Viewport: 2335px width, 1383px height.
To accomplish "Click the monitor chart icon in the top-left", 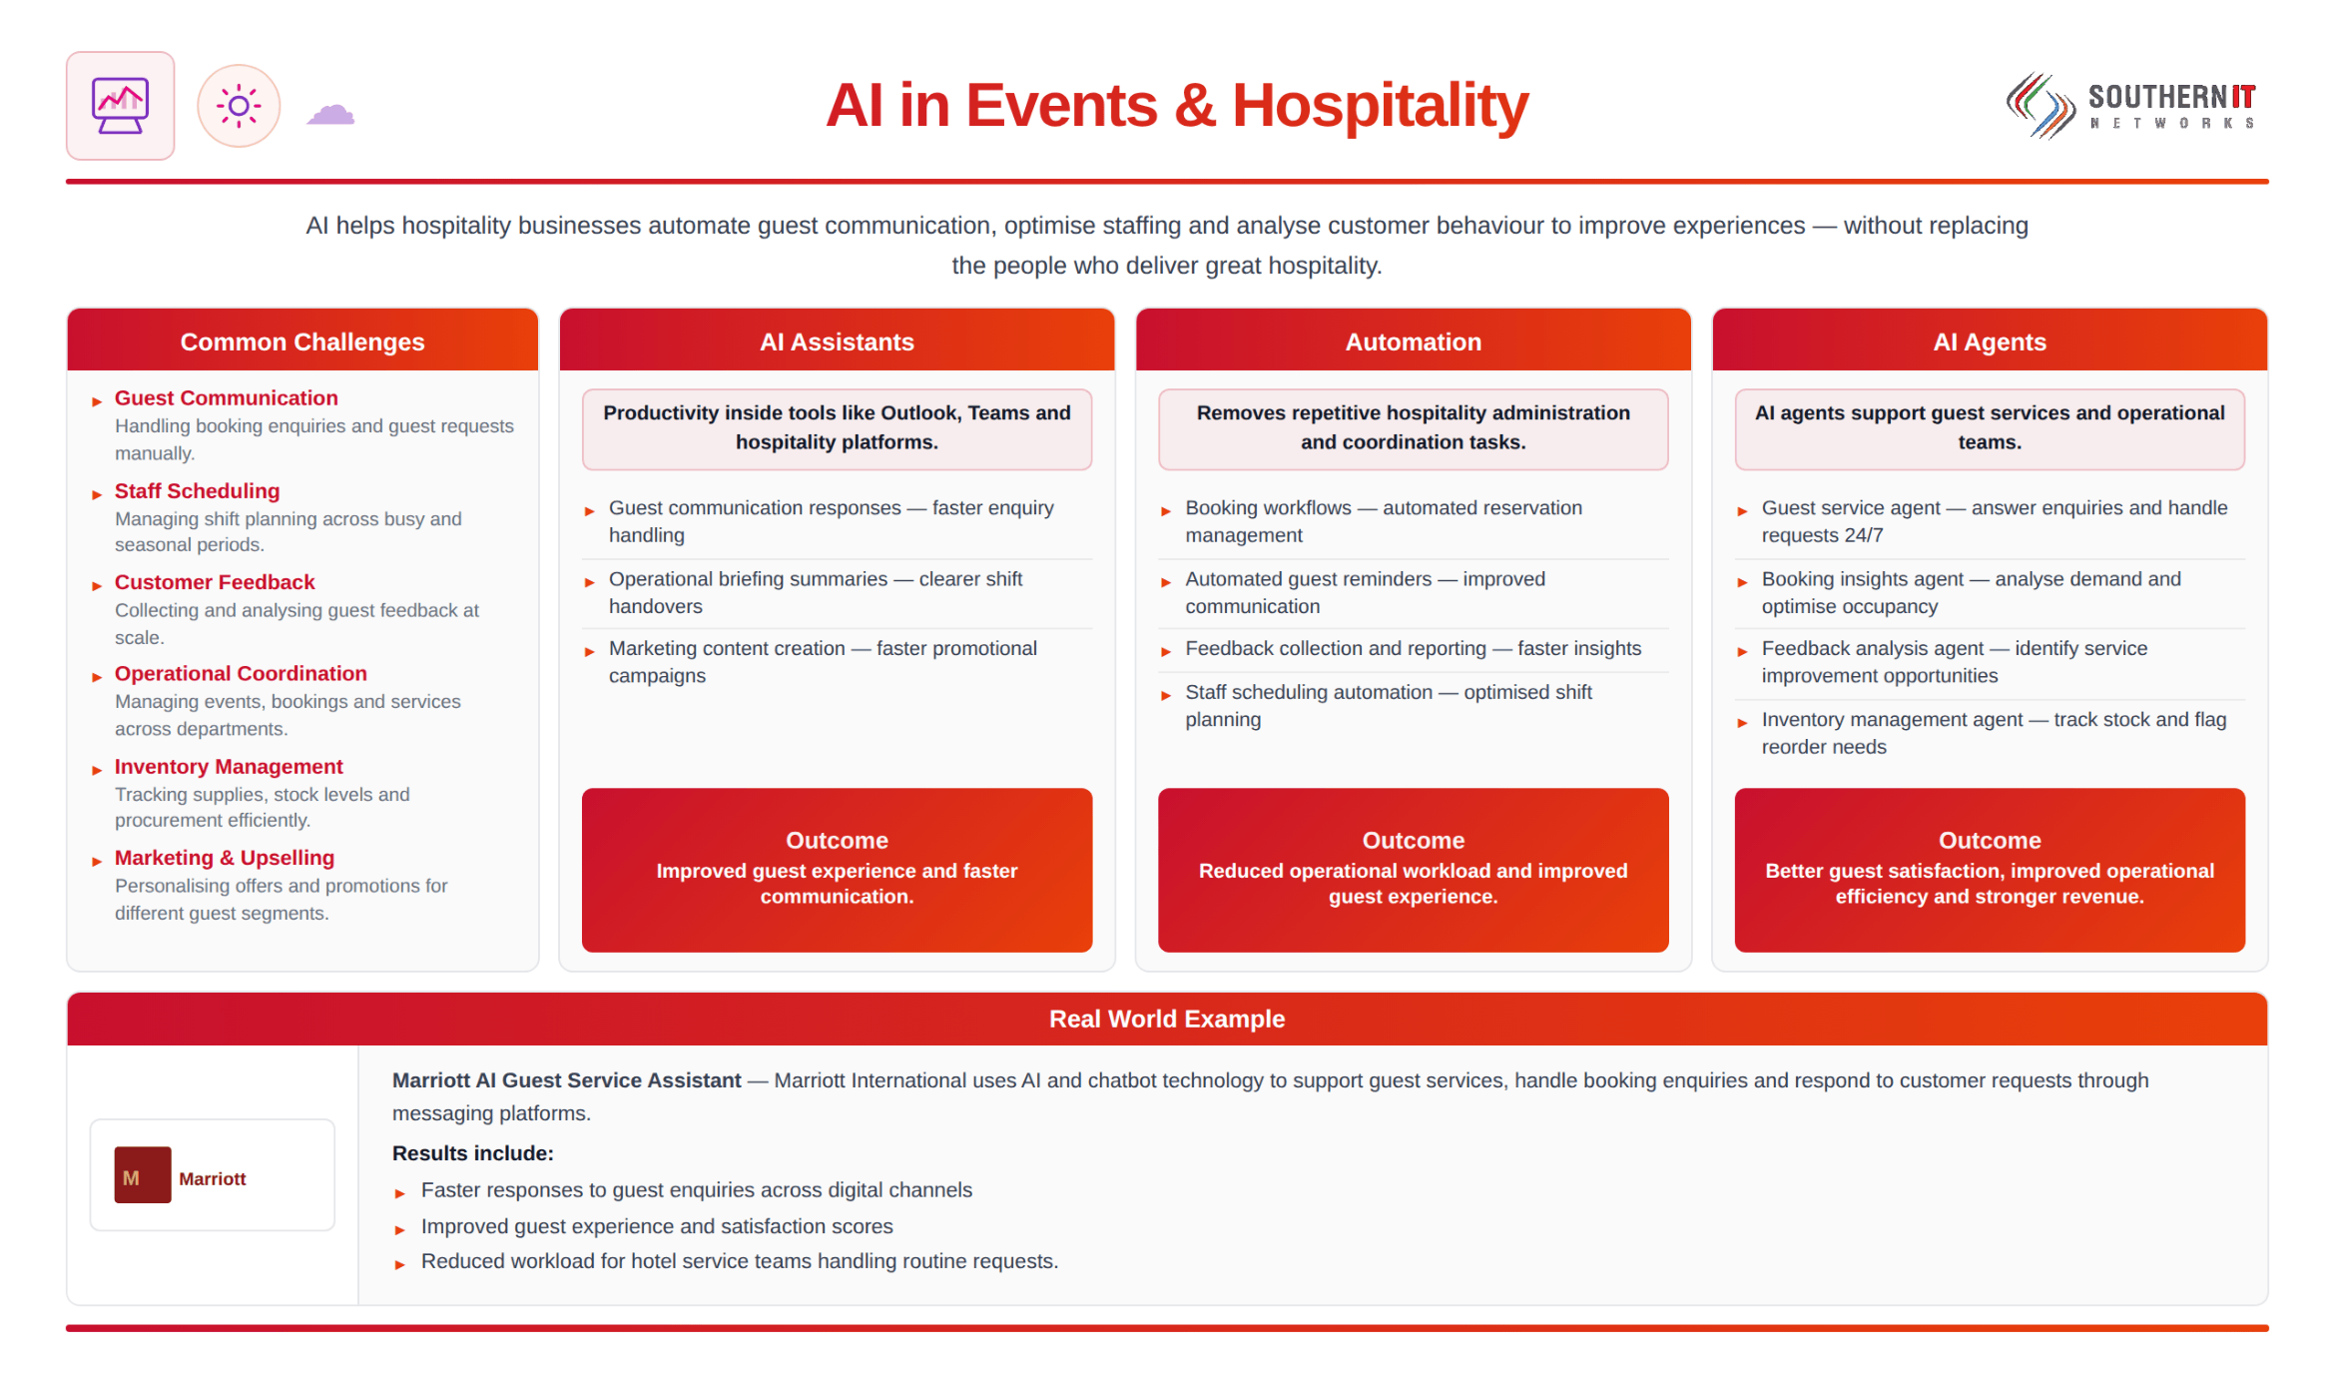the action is [x=120, y=106].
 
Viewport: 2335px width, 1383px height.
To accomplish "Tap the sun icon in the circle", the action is [x=239, y=106].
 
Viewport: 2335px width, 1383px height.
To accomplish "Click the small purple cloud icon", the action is [x=330, y=114].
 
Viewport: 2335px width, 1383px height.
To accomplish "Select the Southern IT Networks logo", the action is [x=2131, y=106].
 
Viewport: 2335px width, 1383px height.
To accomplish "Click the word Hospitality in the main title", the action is [x=1380, y=105].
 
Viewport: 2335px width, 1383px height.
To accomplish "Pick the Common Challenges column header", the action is [x=302, y=342].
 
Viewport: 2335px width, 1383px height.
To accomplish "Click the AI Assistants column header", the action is [x=837, y=342].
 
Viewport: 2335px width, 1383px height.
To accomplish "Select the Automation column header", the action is [x=1413, y=342].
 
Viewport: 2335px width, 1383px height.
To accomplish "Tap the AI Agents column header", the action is [x=1990, y=342].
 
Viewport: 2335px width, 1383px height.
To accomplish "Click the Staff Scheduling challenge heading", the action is [x=197, y=490].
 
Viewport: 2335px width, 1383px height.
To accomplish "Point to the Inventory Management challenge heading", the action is [x=229, y=766].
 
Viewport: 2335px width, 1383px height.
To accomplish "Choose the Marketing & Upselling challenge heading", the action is [x=225, y=858].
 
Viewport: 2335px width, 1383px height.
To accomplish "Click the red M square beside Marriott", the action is [x=143, y=1175].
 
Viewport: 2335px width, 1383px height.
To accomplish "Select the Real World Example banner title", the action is [x=1167, y=1019].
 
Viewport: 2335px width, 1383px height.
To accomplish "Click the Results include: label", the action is [x=472, y=1153].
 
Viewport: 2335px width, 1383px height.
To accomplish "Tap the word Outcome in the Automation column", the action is [x=1413, y=840].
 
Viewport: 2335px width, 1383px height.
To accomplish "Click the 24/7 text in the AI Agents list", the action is [x=1864, y=535].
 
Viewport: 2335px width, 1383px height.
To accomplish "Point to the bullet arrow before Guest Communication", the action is [x=97, y=401].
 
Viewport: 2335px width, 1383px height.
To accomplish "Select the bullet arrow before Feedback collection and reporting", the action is [x=1165, y=651].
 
